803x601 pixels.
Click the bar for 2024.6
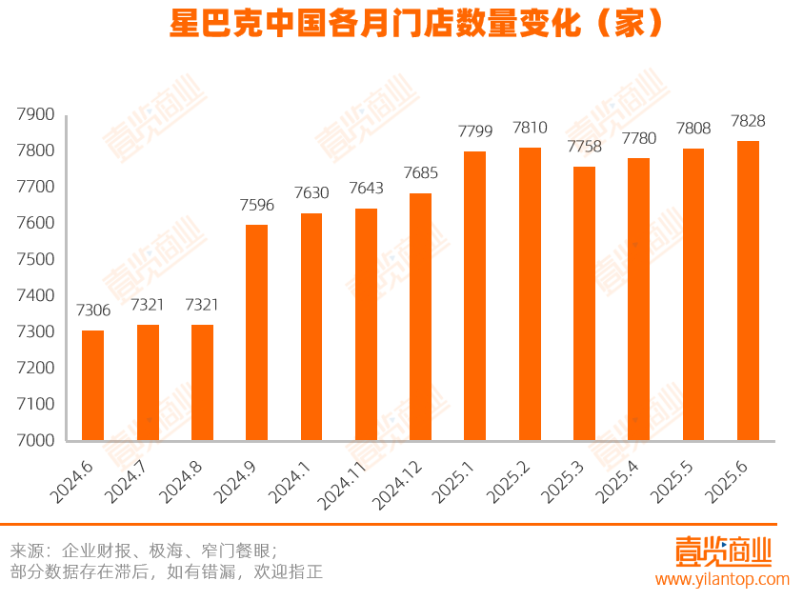click(92, 386)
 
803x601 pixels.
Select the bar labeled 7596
click(256, 332)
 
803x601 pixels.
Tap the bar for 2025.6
click(748, 290)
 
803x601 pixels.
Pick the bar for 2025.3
click(584, 304)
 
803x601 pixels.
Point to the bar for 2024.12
click(420, 317)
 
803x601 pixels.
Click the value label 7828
click(748, 121)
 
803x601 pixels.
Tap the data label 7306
click(93, 311)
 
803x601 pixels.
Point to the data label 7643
click(366, 189)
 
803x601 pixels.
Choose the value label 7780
click(639, 139)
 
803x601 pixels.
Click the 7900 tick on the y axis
click(36, 114)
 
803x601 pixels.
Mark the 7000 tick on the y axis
click(36, 441)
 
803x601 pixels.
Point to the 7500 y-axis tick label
click(36, 260)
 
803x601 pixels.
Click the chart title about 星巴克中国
click(401, 24)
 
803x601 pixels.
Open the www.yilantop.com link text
click(721, 579)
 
